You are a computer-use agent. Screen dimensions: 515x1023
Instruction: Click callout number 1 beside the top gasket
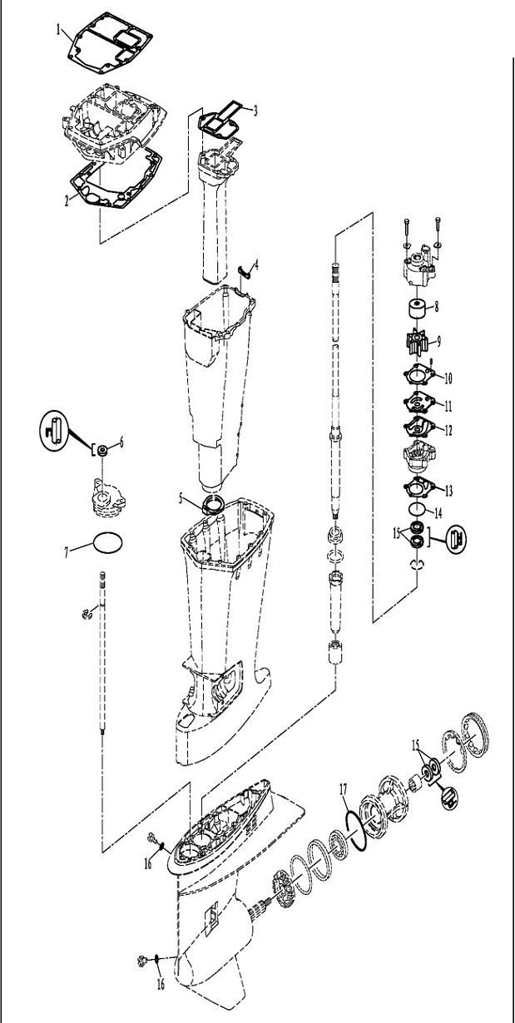[58, 31]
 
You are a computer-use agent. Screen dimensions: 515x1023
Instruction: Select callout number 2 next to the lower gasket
[67, 201]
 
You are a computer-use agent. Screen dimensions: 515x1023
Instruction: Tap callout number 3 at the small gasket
[255, 110]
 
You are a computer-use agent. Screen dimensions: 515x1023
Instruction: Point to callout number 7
[67, 552]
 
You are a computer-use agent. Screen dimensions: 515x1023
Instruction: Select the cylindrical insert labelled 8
[416, 309]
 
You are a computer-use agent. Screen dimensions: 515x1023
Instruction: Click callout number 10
[448, 378]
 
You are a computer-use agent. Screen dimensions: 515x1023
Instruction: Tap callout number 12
[448, 430]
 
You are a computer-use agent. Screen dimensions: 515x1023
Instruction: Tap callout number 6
[121, 442]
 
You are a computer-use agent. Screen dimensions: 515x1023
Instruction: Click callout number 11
[448, 406]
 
